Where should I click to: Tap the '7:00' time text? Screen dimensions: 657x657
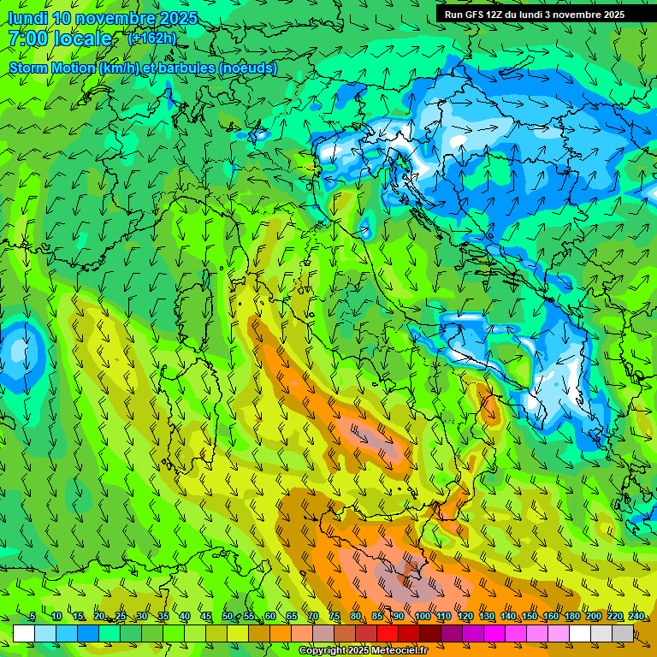pyautogui.click(x=27, y=38)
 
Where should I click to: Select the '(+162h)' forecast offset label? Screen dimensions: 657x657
pyautogui.click(x=151, y=38)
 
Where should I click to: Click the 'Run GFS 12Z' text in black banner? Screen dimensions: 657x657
pyautogui.click(x=474, y=15)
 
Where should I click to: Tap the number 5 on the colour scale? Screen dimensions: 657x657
pyautogui.click(x=33, y=616)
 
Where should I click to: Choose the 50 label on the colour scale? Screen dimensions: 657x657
pyautogui.click(x=228, y=616)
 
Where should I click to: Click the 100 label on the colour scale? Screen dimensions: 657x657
pyautogui.click(x=422, y=616)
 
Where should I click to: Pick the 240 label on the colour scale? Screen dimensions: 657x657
pyautogui.click(x=636, y=616)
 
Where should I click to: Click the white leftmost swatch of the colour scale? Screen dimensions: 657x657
pyautogui.click(x=24, y=633)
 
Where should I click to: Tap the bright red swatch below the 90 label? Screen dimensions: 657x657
pyautogui.click(x=388, y=633)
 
